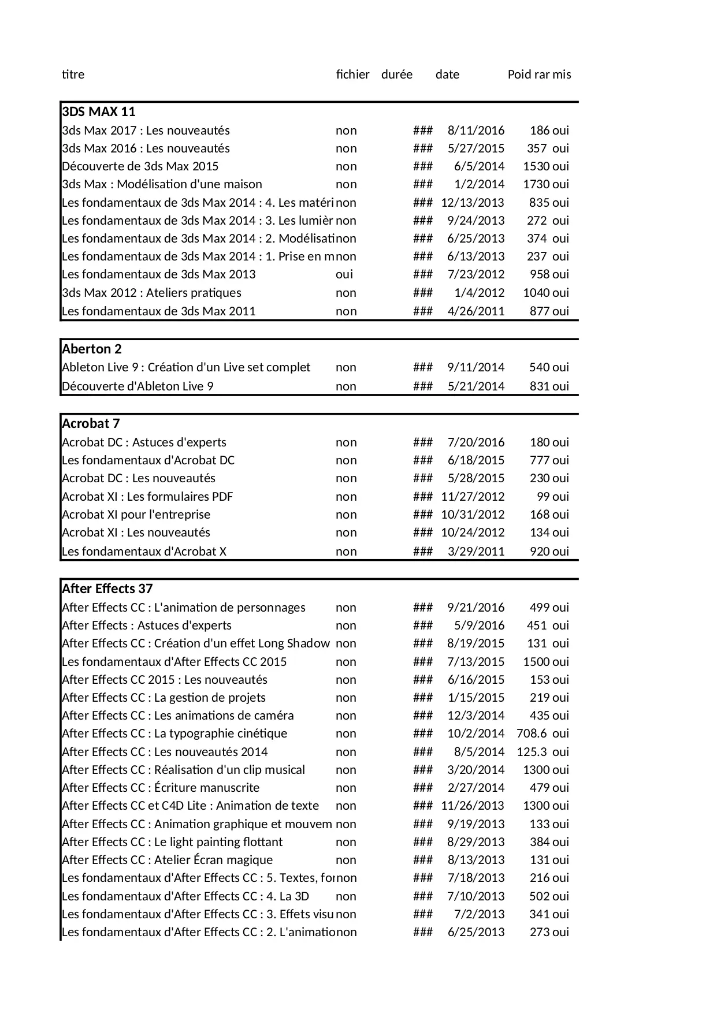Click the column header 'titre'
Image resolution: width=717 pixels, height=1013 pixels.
pos(73,75)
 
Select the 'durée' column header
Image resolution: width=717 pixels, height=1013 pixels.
pos(397,75)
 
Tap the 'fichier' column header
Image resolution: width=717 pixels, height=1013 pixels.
pos(352,75)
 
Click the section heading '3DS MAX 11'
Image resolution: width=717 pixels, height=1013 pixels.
pos(98,112)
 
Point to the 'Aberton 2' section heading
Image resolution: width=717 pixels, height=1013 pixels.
pos(91,349)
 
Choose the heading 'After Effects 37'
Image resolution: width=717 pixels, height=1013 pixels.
pos(107,589)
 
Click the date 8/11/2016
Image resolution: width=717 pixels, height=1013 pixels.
pos(475,131)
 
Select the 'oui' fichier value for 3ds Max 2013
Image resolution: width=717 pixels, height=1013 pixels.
pos(344,274)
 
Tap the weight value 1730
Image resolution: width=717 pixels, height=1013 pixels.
pos(536,184)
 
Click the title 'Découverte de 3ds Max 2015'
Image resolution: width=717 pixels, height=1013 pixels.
pos(140,166)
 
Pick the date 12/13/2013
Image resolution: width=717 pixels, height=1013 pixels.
pos(472,203)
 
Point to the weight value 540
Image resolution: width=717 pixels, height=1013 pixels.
pos(539,367)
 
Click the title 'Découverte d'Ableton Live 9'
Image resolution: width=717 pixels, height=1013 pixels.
pos(138,386)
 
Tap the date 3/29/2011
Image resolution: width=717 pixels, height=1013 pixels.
pos(475,552)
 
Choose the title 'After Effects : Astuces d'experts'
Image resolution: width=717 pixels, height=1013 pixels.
pos(146,625)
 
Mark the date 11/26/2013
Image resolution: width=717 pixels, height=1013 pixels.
pos(472,806)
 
